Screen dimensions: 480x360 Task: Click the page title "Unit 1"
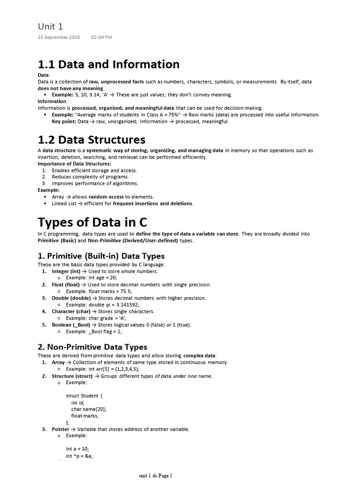coord(50,26)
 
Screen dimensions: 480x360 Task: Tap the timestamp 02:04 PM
coord(102,37)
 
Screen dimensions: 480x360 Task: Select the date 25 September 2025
coord(59,37)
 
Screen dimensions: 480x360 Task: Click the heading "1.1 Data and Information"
coord(108,64)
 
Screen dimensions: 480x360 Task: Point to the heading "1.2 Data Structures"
coord(91,140)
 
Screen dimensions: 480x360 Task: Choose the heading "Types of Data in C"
coord(92,222)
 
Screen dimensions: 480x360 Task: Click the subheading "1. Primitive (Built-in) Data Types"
coord(101,256)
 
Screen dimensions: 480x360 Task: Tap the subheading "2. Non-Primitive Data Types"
coord(92,347)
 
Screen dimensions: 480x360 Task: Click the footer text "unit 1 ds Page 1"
coord(156,476)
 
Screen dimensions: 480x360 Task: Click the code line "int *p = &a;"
coord(80,456)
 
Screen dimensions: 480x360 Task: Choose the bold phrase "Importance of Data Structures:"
coord(75,164)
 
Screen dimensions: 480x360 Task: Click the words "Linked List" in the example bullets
coord(64,203)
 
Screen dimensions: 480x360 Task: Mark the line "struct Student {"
coord(84,396)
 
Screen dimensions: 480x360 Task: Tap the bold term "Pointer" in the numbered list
coord(60,429)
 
